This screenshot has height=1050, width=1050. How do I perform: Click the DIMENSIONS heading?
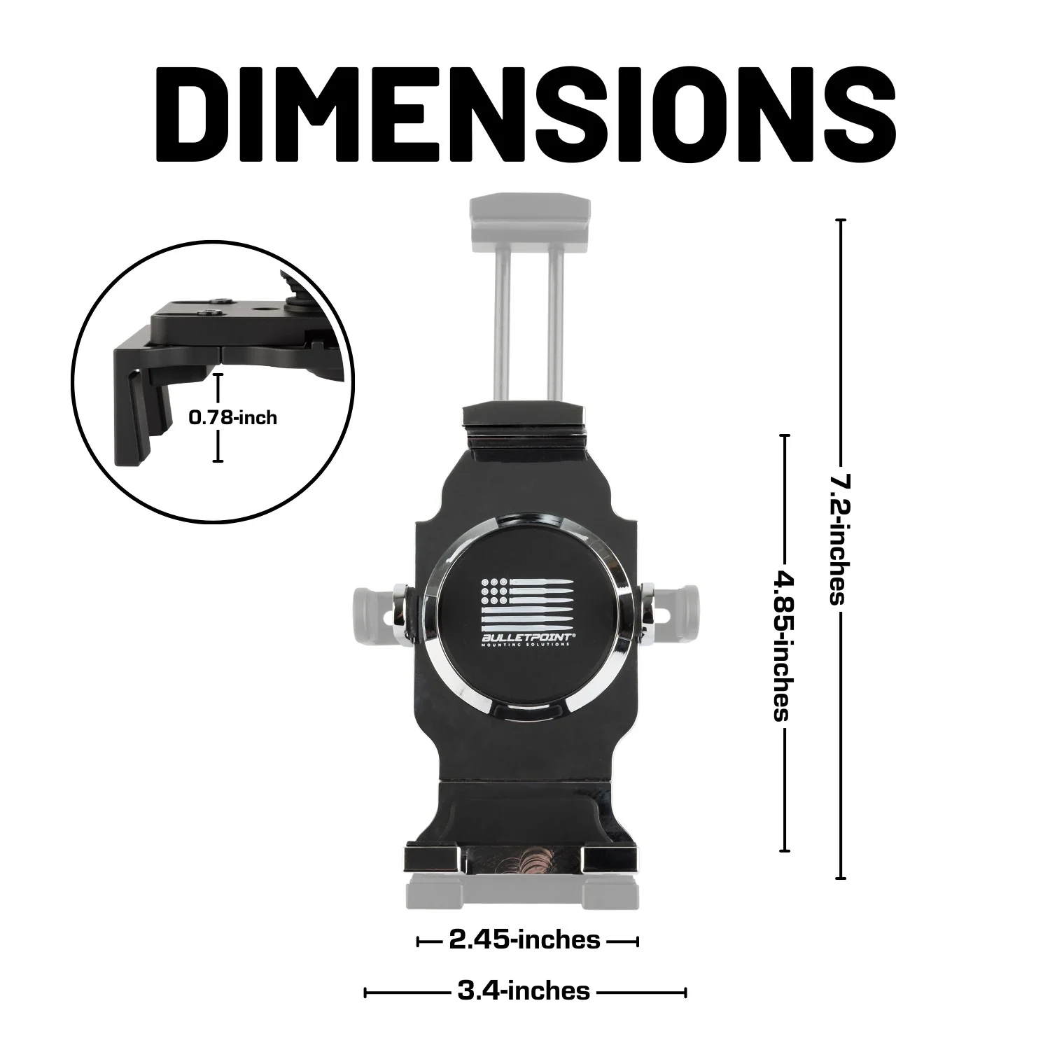[525, 115]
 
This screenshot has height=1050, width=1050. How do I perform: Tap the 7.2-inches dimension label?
[839, 539]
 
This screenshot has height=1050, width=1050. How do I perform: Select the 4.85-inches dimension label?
[783, 645]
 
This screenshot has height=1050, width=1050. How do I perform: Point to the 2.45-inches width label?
[525, 940]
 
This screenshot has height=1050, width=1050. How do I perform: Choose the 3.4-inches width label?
[524, 991]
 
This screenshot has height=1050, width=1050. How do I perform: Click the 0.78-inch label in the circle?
[233, 418]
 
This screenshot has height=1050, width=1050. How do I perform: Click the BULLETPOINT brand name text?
[526, 638]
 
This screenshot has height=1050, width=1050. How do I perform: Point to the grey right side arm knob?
[680, 603]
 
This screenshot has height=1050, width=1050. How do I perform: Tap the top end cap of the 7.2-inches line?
[841, 220]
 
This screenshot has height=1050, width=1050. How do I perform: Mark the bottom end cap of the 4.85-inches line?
[785, 851]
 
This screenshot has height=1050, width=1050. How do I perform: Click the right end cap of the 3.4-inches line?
[686, 992]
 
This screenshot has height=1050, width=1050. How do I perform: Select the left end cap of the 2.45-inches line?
[419, 941]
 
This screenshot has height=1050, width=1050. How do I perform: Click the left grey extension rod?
[502, 322]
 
